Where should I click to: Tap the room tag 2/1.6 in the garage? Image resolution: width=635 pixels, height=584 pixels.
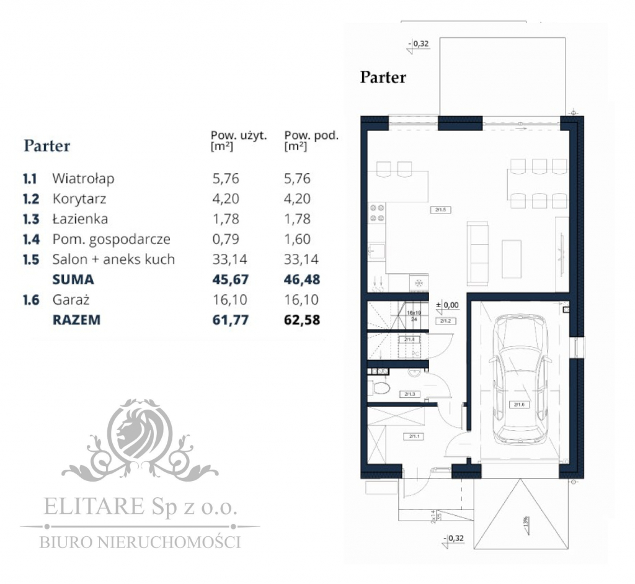(x=518, y=405)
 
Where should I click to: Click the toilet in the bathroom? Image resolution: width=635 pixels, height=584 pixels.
(x=382, y=389)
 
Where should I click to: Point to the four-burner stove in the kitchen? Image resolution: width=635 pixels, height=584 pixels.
(x=377, y=213)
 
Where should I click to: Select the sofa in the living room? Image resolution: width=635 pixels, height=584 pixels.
(x=479, y=251)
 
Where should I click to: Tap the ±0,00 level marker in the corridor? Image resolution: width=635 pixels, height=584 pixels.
(x=447, y=305)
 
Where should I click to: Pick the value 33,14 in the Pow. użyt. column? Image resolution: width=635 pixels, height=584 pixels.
(x=230, y=259)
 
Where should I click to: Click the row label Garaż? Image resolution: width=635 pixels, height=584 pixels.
(x=71, y=300)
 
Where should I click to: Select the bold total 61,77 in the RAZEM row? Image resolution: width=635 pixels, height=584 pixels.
(x=230, y=320)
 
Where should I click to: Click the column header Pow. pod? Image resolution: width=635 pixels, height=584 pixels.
(x=311, y=135)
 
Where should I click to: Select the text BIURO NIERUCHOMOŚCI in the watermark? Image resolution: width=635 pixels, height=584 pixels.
(x=140, y=542)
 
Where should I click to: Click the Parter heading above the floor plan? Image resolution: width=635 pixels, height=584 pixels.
(x=383, y=78)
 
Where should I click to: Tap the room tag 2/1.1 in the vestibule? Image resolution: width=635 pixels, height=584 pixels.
(x=414, y=436)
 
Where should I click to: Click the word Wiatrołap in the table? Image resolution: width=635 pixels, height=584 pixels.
(x=83, y=179)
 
